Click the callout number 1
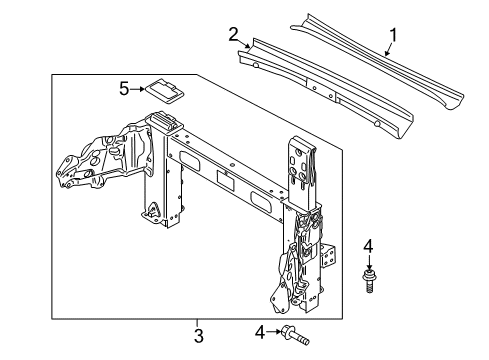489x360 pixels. pos(393,35)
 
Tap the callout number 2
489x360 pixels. pos(233,34)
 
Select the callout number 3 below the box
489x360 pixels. pos(199,335)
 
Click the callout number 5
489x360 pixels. pos(124,89)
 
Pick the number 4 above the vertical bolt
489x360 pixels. pos(368,247)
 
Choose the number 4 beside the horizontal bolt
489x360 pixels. pos(260,332)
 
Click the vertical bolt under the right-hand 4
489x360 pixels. pos(369,282)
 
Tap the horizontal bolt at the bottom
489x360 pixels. pos(295,335)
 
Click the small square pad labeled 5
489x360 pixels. pos(164,92)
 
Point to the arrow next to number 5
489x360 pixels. pos(137,89)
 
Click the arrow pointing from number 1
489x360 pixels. pos(389,49)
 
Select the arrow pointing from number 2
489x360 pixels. pos(245,44)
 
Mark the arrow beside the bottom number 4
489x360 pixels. pos(274,332)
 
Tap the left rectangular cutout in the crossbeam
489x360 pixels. pos(190,160)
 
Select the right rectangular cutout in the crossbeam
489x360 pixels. pos(261,202)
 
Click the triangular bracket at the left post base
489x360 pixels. pos(153,210)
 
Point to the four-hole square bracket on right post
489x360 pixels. pos(329,256)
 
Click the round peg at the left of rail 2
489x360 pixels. pos(256,65)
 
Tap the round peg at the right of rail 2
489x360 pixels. pos(377,124)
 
